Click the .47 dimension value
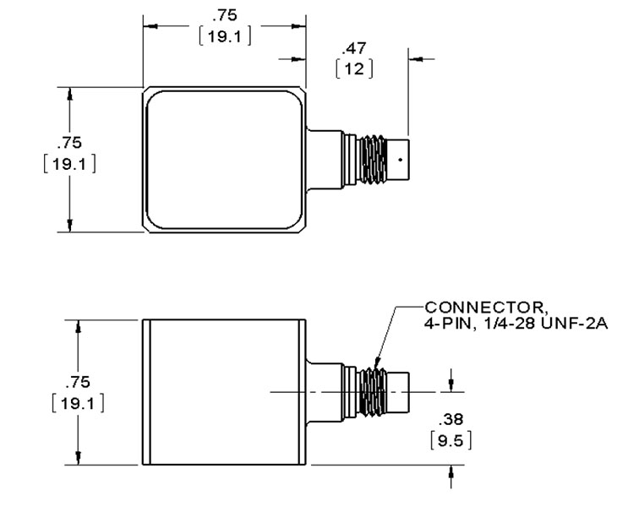tap(354, 48)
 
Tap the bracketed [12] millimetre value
tap(354, 68)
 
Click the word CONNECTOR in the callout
tap(466, 307)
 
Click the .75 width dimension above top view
tap(225, 14)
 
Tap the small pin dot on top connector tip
tap(400, 157)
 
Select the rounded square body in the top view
tap(225, 158)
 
